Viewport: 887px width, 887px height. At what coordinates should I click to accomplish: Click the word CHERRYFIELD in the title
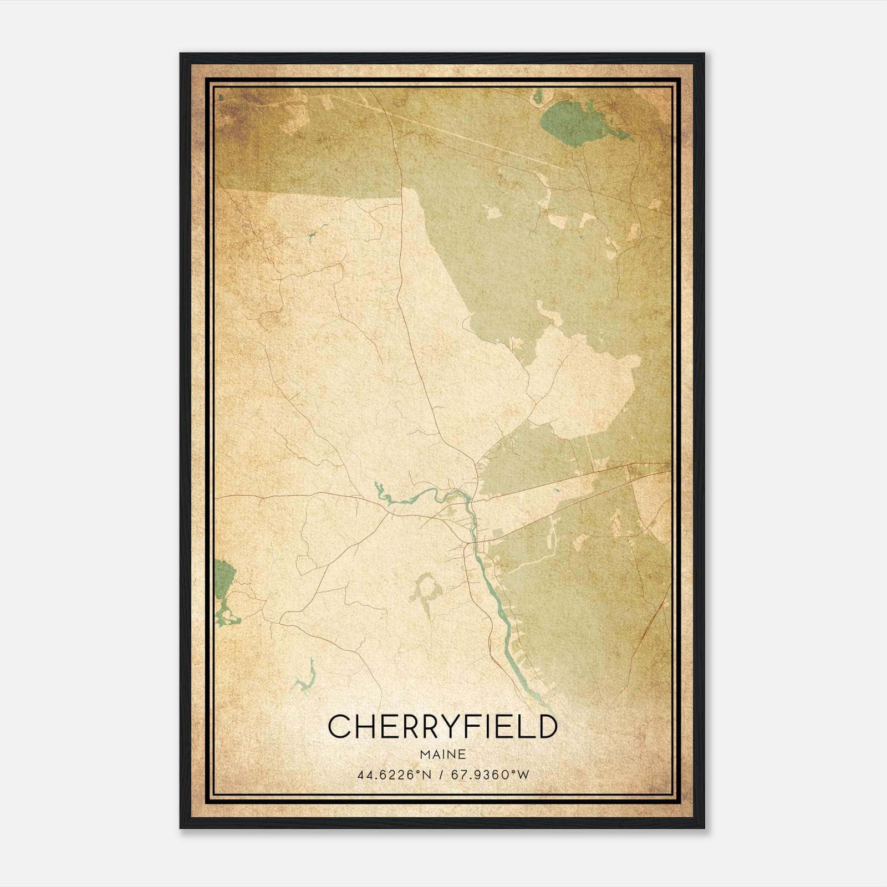[442, 727]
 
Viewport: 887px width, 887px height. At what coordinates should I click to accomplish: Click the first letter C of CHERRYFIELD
[339, 727]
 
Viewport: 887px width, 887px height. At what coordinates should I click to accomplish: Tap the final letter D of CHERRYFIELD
[547, 727]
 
